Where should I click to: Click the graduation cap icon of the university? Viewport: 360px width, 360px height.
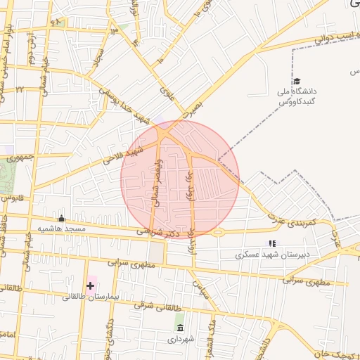pos(296,82)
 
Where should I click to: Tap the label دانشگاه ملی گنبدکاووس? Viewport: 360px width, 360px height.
pos(297,97)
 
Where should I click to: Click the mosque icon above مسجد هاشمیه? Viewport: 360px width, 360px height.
pos(61,218)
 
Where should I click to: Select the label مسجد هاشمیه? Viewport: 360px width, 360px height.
pos(62,229)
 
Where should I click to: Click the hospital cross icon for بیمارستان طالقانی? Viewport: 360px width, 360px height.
pos(90,285)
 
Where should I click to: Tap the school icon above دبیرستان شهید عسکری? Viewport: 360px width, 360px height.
pos(272,243)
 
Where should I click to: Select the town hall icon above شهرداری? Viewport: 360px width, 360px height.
pos(181,328)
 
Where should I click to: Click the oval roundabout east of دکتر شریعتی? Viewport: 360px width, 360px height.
pos(218,232)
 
